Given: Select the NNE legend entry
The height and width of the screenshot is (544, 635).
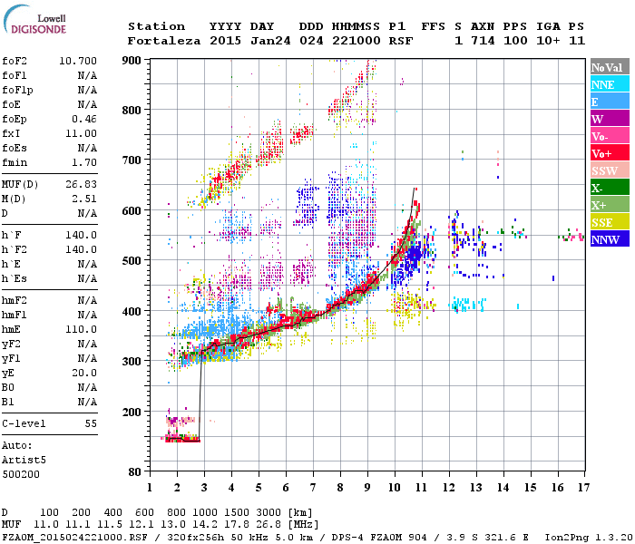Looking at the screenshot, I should click(x=609, y=84).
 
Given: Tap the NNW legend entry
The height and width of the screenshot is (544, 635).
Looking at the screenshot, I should click(x=609, y=239).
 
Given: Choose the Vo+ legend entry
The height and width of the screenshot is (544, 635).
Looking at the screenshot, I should click(x=609, y=153).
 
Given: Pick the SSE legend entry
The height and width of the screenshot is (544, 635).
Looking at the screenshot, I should click(x=609, y=222).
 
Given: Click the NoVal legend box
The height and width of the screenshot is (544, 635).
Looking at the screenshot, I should click(x=609, y=67).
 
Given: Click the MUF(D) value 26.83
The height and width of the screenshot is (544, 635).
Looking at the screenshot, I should click(x=82, y=186).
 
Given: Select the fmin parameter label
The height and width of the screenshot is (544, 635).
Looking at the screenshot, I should click(x=16, y=162).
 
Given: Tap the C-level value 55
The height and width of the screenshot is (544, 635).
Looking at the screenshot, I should click(x=91, y=423).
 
